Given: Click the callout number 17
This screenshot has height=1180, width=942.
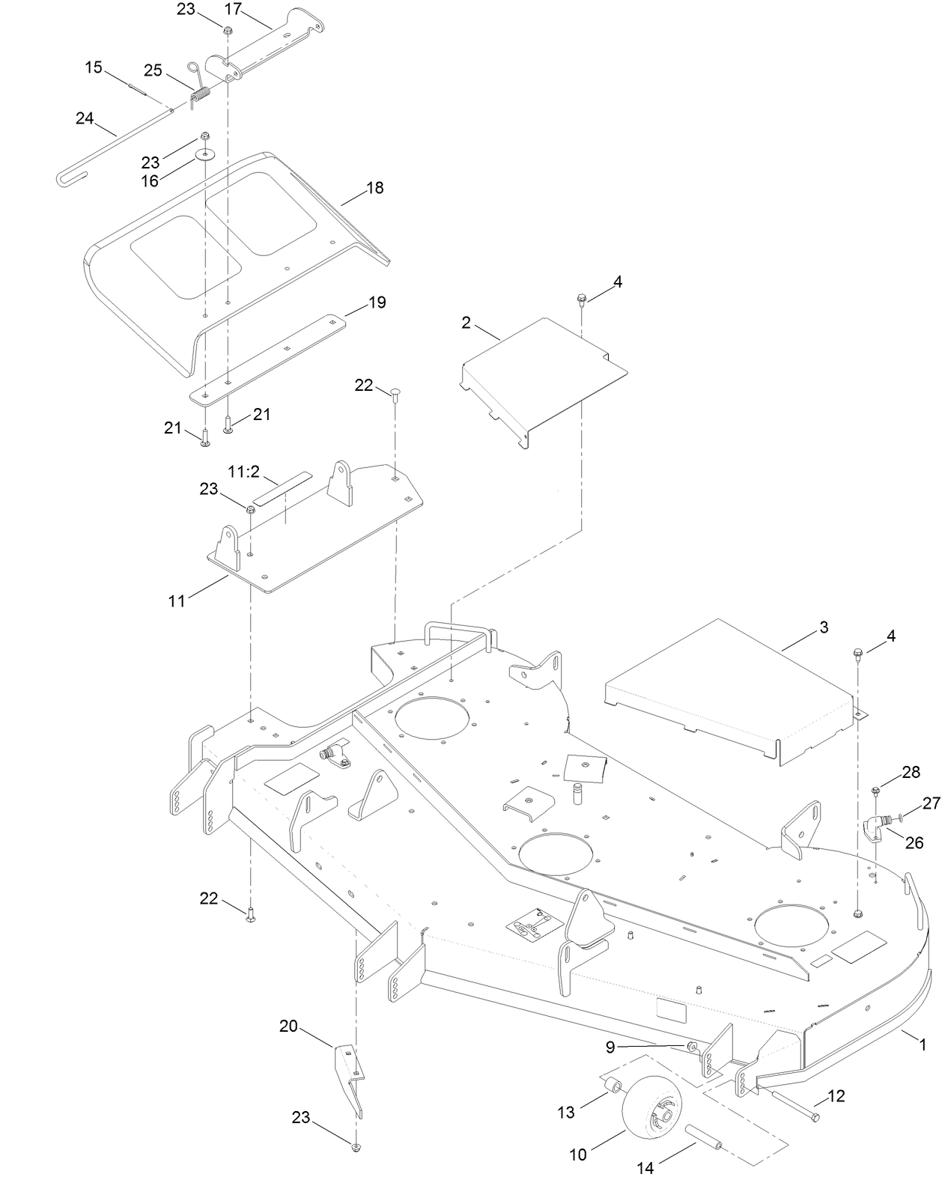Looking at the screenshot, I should click(233, 9).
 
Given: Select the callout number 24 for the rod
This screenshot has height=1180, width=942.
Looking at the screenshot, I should click(85, 118).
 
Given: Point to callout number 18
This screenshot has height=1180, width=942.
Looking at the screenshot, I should click(374, 188).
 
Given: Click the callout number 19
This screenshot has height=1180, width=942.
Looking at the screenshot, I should click(377, 302).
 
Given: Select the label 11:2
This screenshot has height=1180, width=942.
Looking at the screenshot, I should click(243, 472).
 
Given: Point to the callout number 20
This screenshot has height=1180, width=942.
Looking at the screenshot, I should click(289, 1026).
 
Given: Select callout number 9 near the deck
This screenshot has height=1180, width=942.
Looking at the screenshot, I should click(610, 1047).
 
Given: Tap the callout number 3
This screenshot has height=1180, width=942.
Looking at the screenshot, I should click(824, 627).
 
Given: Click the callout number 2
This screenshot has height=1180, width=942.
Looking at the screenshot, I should click(467, 323).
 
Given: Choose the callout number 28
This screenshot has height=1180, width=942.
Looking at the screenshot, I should click(911, 773).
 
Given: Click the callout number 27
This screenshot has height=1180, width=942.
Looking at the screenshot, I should click(930, 803).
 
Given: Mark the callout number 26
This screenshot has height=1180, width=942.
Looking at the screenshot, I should click(914, 842).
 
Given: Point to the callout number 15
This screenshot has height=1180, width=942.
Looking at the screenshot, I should click(94, 67).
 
